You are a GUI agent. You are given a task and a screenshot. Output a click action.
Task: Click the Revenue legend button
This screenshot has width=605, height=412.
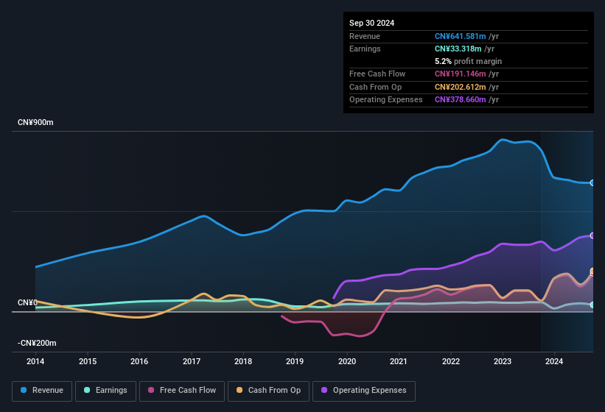(42, 391)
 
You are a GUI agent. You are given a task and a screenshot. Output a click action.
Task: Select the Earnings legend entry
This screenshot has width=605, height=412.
(105, 391)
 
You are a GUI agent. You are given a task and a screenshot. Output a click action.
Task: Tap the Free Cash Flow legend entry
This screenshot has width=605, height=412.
(183, 391)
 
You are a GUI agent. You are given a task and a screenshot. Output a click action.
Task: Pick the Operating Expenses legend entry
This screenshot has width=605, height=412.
(364, 391)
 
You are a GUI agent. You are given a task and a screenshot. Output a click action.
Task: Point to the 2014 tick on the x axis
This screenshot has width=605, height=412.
(35, 361)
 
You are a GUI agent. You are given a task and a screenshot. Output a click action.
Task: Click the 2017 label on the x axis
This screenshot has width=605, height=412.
(192, 361)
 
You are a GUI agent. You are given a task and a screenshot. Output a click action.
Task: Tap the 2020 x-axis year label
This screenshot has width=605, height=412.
(347, 361)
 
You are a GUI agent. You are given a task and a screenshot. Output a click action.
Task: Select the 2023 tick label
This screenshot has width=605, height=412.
(503, 361)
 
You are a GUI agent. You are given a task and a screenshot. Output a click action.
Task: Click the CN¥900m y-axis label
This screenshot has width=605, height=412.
(36, 122)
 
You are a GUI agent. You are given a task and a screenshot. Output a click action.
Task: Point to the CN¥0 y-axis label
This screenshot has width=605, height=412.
(27, 302)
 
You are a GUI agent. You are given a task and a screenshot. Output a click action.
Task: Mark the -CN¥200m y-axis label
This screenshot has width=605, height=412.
(38, 343)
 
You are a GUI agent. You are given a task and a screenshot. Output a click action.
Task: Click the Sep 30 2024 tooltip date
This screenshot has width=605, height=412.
(371, 23)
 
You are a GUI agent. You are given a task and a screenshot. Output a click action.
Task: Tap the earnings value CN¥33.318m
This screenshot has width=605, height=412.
(458, 49)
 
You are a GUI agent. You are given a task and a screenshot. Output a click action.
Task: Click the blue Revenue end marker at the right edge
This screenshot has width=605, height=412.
(592, 182)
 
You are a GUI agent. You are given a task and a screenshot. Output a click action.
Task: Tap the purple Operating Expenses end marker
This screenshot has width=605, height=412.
(592, 235)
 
